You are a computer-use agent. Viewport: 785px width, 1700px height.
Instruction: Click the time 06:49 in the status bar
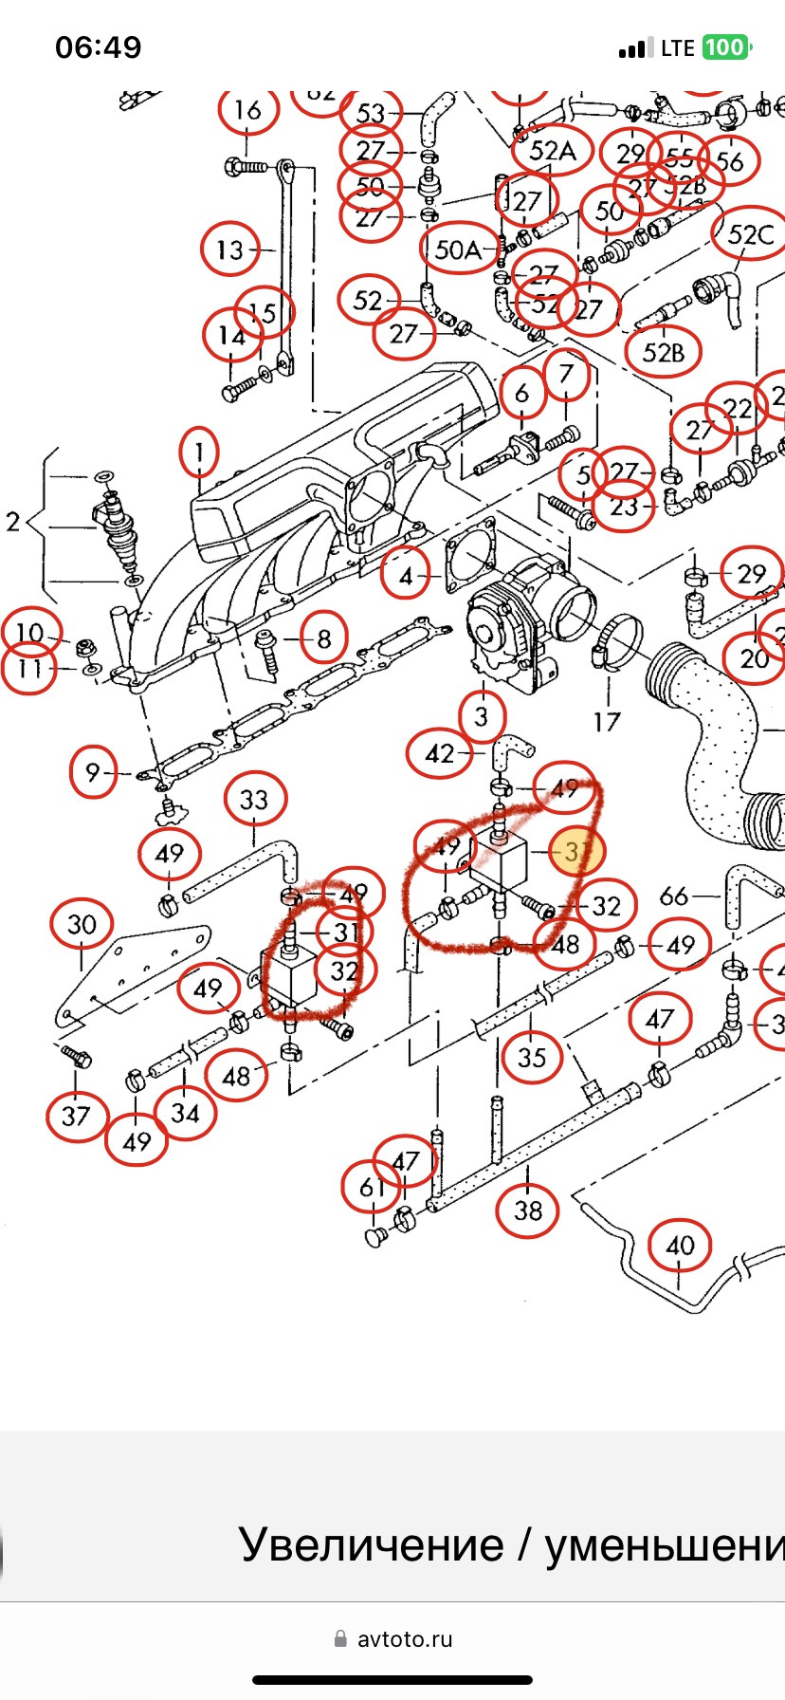click(99, 47)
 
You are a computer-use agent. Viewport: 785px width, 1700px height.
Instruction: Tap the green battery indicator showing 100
click(725, 47)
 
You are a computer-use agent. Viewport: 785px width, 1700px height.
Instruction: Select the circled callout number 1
click(199, 453)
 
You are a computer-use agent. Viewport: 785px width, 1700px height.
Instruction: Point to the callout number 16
click(247, 110)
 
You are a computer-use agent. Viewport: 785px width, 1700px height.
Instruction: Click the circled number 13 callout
click(230, 250)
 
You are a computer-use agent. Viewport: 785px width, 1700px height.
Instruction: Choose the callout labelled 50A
click(459, 249)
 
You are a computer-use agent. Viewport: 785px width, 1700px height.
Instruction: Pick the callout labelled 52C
click(751, 235)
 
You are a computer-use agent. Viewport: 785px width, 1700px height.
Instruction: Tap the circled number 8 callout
click(323, 639)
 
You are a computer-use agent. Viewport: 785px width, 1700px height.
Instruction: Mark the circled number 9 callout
click(92, 772)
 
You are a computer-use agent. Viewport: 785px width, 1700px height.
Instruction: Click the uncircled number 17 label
click(607, 722)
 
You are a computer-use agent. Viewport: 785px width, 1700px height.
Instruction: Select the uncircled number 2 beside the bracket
click(13, 521)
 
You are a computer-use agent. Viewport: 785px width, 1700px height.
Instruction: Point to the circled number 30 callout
click(82, 925)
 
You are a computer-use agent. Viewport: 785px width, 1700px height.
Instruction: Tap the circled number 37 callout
click(76, 1116)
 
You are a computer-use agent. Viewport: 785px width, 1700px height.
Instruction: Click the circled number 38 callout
click(528, 1210)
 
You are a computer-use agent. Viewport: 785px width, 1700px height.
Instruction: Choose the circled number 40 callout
click(680, 1246)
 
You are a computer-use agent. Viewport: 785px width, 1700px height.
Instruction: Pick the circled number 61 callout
click(372, 1186)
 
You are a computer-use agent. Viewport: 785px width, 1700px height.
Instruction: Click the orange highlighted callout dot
click(577, 851)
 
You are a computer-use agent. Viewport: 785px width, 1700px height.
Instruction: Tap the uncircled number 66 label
click(673, 896)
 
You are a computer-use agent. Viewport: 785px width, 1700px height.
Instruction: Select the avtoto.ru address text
click(404, 1638)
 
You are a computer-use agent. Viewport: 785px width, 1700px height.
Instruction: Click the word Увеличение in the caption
click(371, 1544)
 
